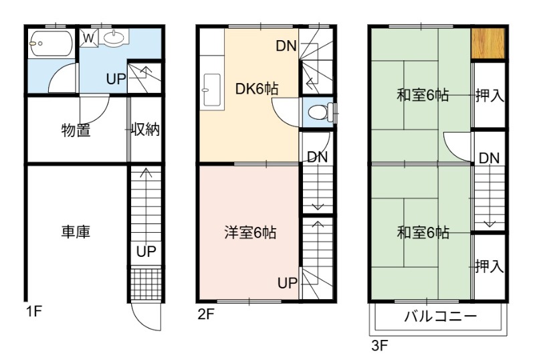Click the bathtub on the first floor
point(51,43)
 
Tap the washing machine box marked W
point(89,37)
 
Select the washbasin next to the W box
point(114,37)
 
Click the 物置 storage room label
point(76,130)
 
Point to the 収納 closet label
point(146,129)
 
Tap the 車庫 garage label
point(76,232)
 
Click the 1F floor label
point(34,312)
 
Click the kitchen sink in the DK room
point(212,90)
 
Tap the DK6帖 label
point(257,89)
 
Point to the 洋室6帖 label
point(250,233)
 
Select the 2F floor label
point(206,314)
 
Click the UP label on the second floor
point(288,283)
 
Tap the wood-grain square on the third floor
point(488,43)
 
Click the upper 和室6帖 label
point(423,95)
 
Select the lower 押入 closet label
point(490,266)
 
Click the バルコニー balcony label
point(440,317)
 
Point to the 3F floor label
point(380,346)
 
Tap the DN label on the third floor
point(490,158)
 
